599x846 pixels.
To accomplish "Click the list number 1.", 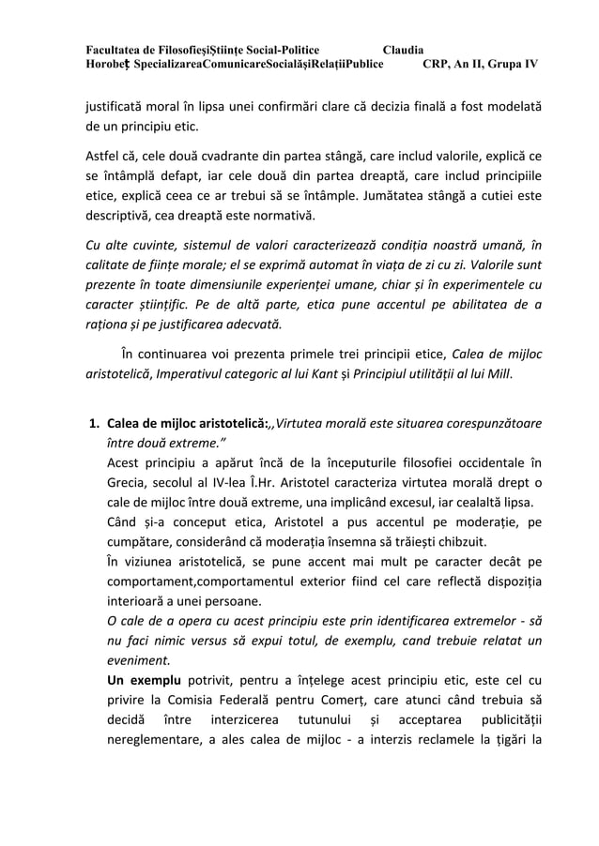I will pos(93,422).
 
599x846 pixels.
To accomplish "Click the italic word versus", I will pos(204,642).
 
